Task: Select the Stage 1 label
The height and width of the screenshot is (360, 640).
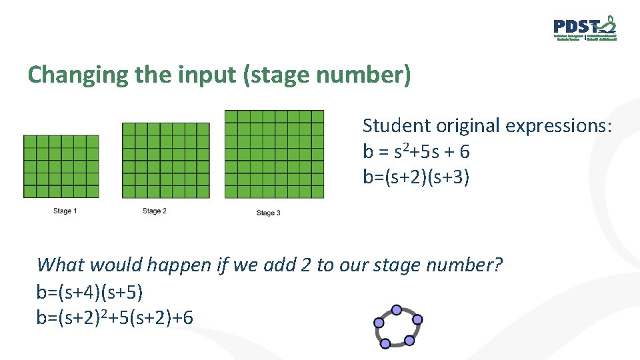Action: pyautogui.click(x=65, y=211)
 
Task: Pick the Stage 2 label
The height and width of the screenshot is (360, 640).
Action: pyautogui.click(x=155, y=211)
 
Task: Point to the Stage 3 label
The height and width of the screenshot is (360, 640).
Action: pyautogui.click(x=269, y=213)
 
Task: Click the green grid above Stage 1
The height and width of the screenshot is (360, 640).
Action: pyautogui.click(x=61, y=167)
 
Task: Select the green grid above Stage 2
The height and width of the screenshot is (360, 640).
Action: pyautogui.click(x=165, y=160)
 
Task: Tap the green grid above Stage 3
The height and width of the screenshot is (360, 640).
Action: pyautogui.click(x=274, y=154)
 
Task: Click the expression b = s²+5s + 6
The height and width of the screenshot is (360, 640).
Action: pyautogui.click(x=416, y=152)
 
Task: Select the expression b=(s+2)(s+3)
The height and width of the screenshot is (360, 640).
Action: pyautogui.click(x=416, y=178)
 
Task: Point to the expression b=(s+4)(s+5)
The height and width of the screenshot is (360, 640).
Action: pyautogui.click(x=90, y=291)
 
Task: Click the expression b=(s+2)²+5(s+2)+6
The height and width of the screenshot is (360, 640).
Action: pyautogui.click(x=115, y=317)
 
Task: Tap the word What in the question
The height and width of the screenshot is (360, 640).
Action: pyautogui.click(x=60, y=265)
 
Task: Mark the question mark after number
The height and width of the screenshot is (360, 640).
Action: pyautogui.click(x=498, y=265)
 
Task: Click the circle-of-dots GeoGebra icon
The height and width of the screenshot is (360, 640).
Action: pyautogui.click(x=397, y=327)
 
